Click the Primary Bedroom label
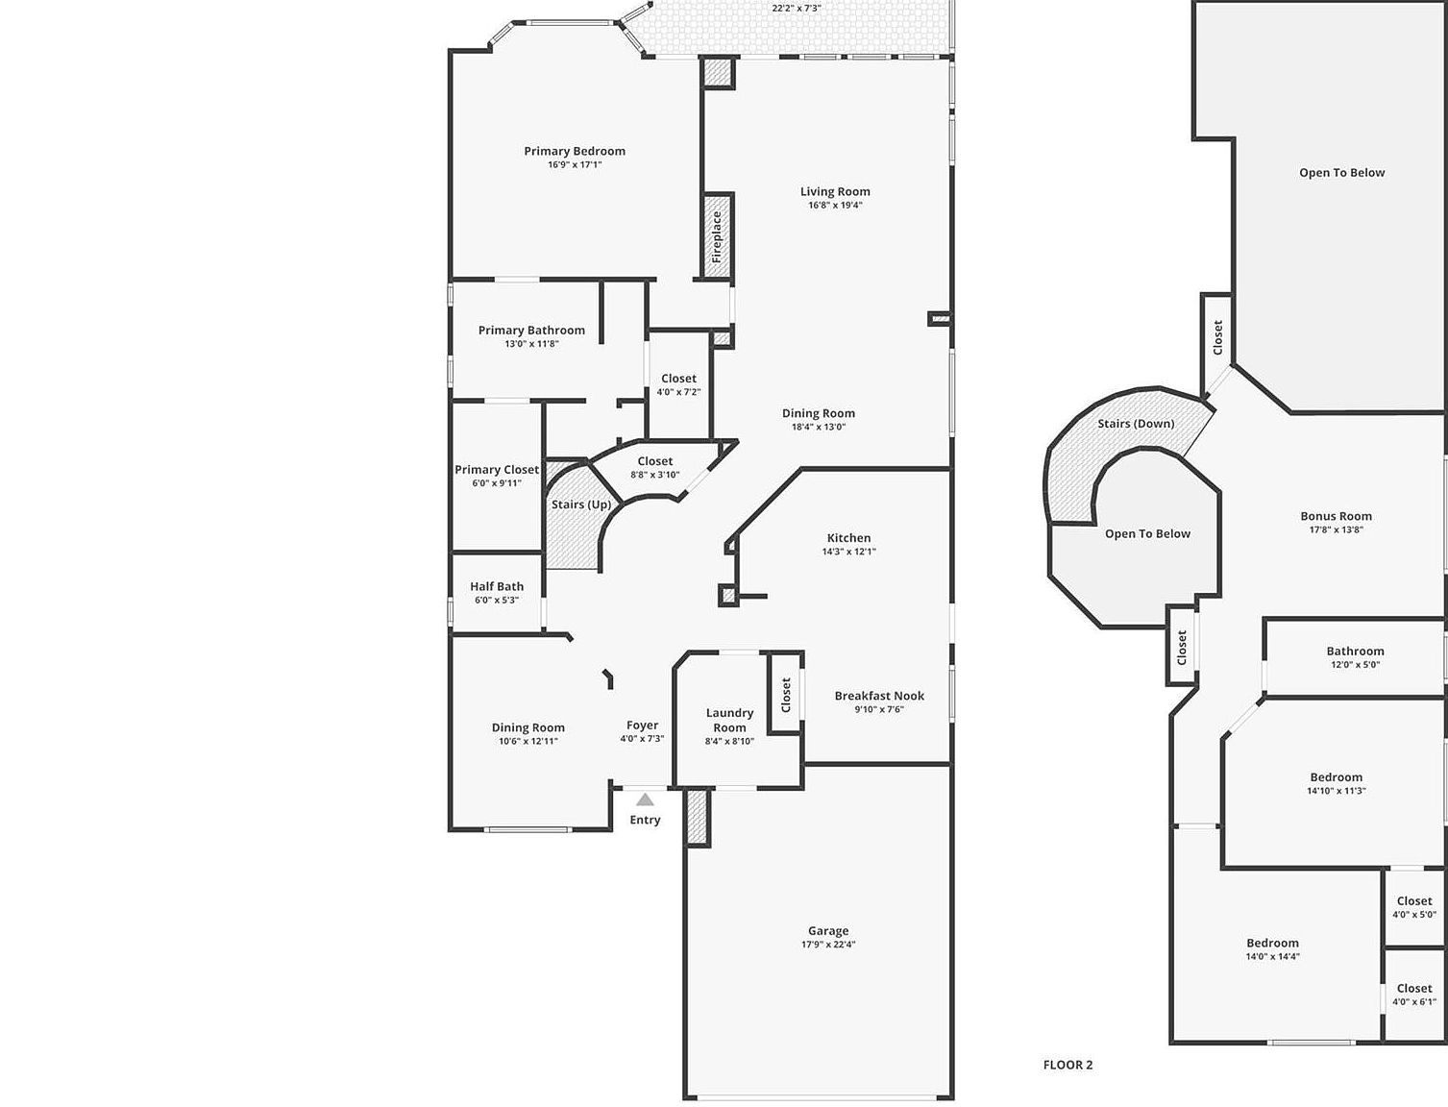[x=574, y=151]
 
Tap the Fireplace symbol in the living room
[x=717, y=236]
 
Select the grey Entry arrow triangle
[x=645, y=799]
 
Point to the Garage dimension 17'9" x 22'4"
[x=827, y=945]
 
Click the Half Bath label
[x=497, y=586]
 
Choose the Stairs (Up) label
[x=580, y=504]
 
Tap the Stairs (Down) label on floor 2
[x=1135, y=424]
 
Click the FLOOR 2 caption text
[x=1068, y=1065]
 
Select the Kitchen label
[x=848, y=538]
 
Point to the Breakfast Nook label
[x=879, y=696]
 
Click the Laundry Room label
[x=729, y=720]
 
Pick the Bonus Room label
[x=1336, y=516]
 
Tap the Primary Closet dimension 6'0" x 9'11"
[x=497, y=483]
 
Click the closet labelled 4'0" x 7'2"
[x=678, y=384]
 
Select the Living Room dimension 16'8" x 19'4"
[x=835, y=205]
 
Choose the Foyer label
[x=642, y=726]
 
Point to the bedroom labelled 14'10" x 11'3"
[x=1336, y=783]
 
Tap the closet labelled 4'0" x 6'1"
[x=1413, y=995]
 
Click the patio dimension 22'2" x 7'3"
[x=796, y=8]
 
